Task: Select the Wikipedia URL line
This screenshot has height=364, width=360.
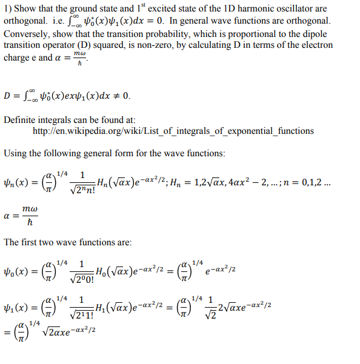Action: pos(173,131)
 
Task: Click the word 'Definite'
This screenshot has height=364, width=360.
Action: pos(20,119)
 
